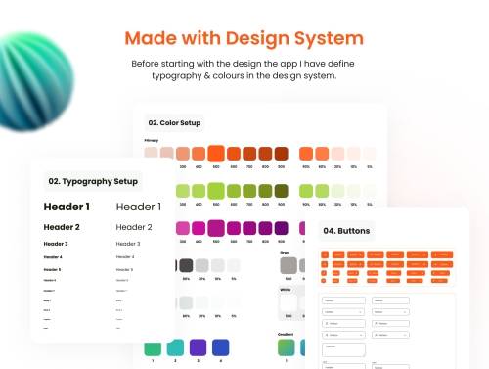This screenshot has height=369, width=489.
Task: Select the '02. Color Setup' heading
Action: (173, 123)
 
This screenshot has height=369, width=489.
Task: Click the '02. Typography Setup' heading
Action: (93, 181)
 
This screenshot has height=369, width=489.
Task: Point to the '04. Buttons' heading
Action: (348, 232)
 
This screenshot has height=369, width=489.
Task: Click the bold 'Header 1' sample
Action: (67, 207)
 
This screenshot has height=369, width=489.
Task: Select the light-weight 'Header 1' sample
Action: (139, 207)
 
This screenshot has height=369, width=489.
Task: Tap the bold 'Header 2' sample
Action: (62, 227)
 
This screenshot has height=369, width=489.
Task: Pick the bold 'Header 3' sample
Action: (56, 244)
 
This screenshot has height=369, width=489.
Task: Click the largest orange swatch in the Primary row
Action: (216, 154)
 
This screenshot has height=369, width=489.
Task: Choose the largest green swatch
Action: (216, 191)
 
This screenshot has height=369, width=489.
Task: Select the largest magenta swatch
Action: (216, 229)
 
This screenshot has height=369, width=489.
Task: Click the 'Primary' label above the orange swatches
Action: (152, 140)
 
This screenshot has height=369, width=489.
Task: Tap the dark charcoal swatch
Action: (185, 265)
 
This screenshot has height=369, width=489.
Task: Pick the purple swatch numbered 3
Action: (197, 347)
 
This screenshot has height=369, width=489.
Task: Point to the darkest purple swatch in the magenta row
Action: (281, 228)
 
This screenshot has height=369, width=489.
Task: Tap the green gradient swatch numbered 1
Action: (152, 347)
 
